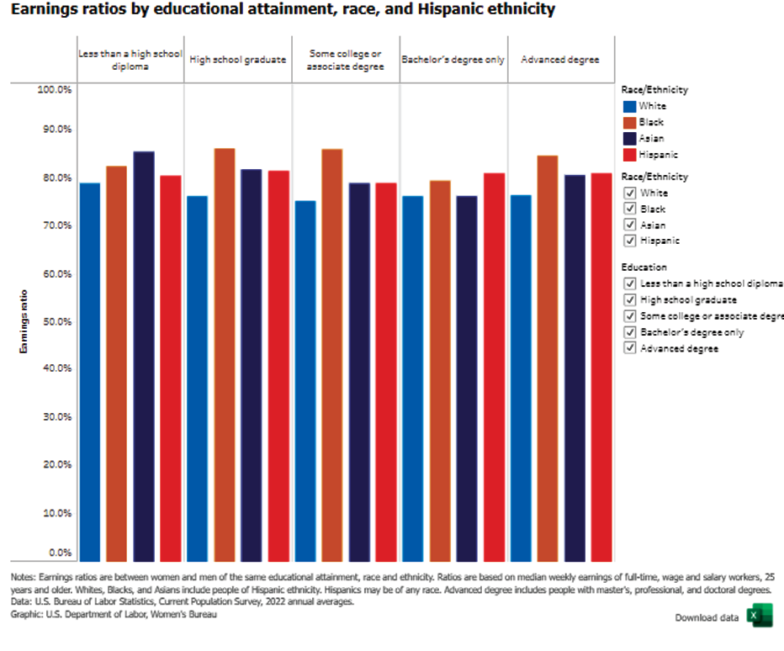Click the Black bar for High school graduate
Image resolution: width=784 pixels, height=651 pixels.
point(225,354)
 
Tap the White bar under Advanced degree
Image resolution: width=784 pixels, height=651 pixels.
point(521,378)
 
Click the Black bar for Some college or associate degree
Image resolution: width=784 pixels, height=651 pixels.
point(332,354)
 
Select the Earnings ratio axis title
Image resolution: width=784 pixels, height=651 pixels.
point(24,321)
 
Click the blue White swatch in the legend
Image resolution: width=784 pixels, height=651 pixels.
point(629,106)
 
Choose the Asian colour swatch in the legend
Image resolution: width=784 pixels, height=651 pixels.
point(629,138)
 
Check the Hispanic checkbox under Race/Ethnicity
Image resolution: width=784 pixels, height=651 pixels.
point(629,241)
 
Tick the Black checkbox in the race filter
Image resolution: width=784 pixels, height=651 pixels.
point(629,209)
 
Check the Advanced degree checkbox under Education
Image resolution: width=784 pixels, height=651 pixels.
point(629,348)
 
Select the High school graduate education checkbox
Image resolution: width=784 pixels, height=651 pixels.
point(629,299)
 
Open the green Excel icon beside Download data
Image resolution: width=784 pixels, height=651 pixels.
point(759,617)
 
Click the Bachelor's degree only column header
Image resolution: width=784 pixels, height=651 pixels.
point(453,60)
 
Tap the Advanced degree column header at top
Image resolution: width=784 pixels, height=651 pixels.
point(560,60)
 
